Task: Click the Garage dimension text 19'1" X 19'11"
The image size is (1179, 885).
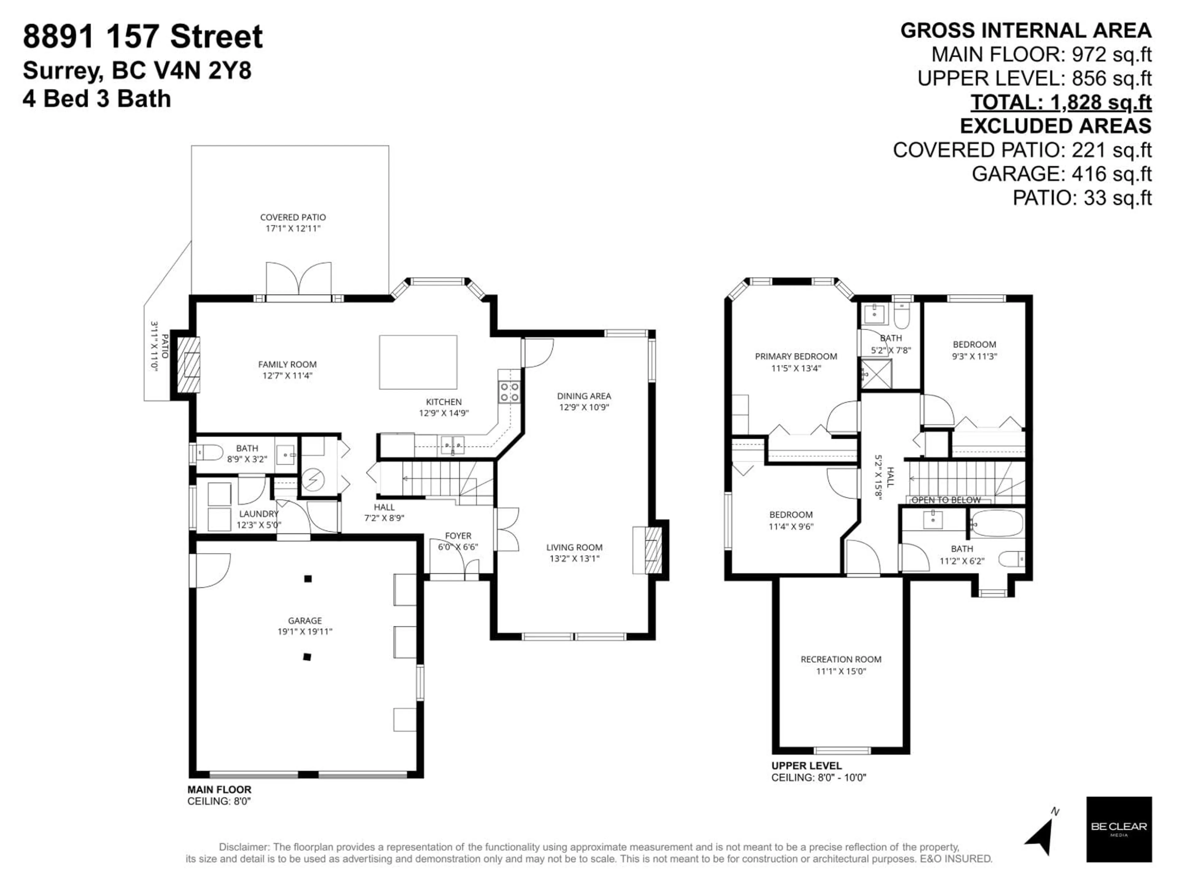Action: pyautogui.click(x=305, y=631)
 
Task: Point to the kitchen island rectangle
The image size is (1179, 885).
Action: pyautogui.click(x=418, y=362)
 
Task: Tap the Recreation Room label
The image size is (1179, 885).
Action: pyautogui.click(x=841, y=659)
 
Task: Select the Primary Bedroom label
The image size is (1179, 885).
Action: pyautogui.click(x=796, y=356)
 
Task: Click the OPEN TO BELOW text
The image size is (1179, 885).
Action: pyautogui.click(x=946, y=500)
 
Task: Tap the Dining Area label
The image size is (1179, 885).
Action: pyautogui.click(x=584, y=396)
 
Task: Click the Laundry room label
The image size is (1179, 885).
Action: pyautogui.click(x=259, y=514)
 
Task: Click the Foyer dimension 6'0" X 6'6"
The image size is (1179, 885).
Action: pyautogui.click(x=458, y=547)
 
